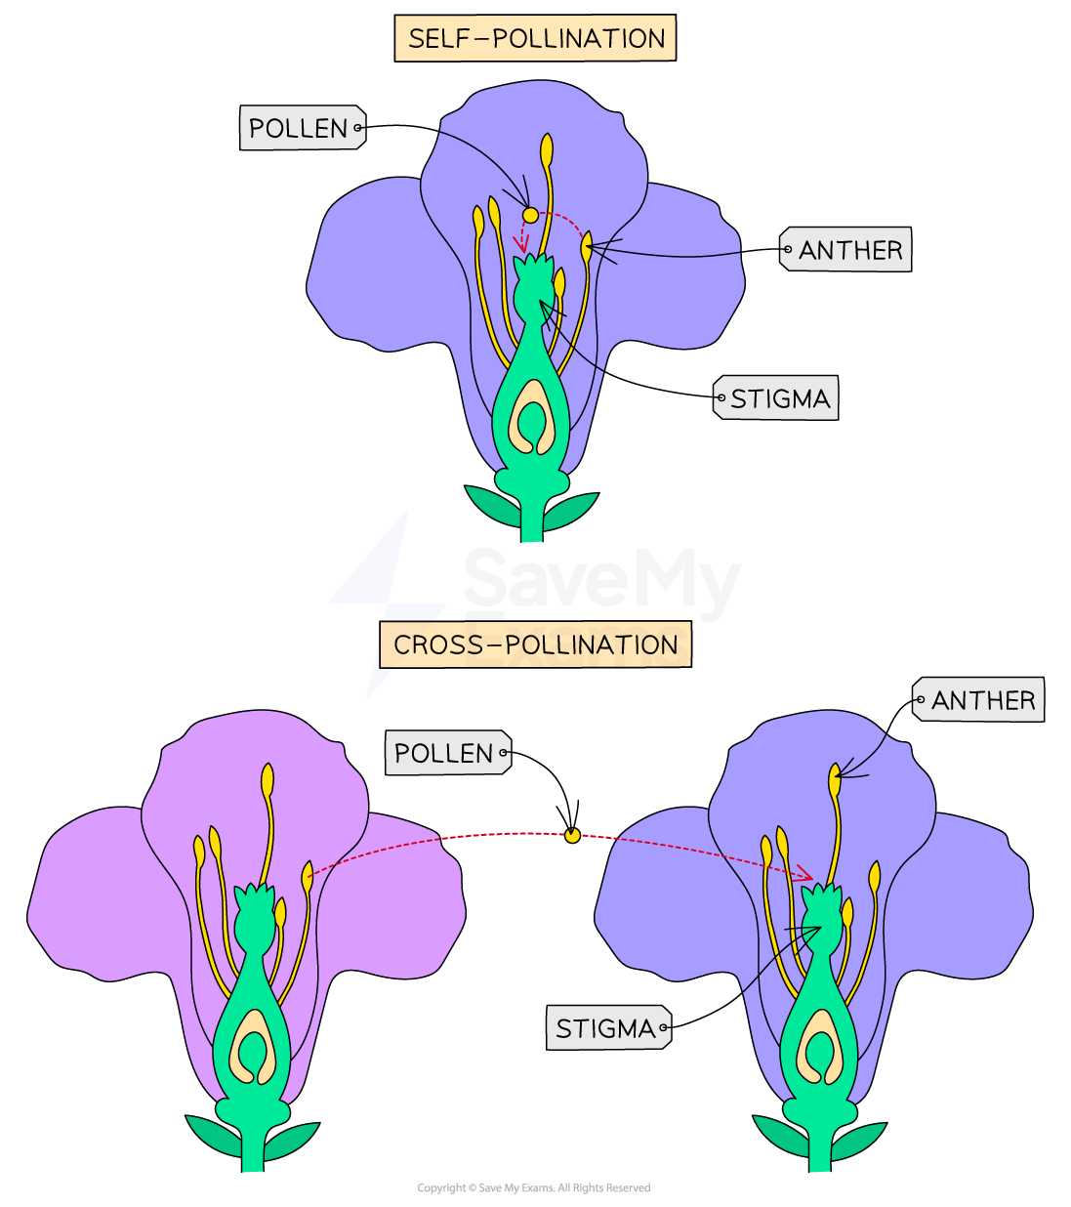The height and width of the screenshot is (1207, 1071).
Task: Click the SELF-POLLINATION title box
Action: [x=535, y=39]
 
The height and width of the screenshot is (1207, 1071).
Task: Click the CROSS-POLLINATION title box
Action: [x=535, y=645]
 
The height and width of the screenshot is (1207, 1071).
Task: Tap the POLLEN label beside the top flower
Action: [x=302, y=128]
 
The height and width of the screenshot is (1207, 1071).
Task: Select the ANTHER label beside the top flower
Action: [x=846, y=250]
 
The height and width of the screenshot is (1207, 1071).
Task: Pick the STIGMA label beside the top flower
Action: [x=776, y=398]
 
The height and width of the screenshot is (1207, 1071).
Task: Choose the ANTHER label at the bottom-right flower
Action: [x=979, y=700]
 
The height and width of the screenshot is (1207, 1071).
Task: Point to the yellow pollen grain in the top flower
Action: [x=530, y=215]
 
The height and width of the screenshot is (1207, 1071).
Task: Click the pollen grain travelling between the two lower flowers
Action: [x=572, y=835]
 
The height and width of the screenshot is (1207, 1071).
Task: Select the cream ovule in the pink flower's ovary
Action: [x=254, y=1048]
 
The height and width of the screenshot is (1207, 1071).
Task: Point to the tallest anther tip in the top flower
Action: [x=547, y=150]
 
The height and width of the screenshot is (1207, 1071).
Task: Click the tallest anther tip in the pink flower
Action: [x=268, y=780]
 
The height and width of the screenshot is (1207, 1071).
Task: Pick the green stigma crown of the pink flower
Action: [x=256, y=899]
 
